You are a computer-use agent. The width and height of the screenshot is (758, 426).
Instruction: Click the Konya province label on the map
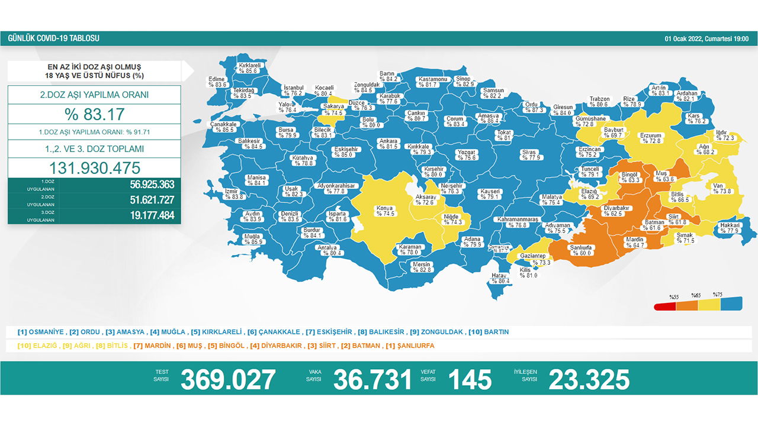click(384, 211)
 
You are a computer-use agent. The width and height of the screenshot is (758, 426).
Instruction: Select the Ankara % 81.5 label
click(388, 144)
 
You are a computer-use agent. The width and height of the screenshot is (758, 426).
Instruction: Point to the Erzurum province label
click(650, 138)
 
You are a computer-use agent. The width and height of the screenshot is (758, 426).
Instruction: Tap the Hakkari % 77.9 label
click(730, 228)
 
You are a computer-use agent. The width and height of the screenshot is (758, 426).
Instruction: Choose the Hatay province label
click(500, 277)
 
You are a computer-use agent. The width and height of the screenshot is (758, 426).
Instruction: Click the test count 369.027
click(228, 379)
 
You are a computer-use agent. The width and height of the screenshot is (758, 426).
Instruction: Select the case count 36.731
click(372, 379)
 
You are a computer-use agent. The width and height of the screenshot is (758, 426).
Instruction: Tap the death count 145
click(469, 379)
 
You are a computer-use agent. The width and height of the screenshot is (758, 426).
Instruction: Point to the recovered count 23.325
click(589, 379)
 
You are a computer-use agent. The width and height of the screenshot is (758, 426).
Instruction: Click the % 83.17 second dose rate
click(94, 114)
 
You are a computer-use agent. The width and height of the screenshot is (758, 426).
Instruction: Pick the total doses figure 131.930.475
click(94, 167)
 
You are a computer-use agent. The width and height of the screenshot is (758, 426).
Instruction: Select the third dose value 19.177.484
click(152, 215)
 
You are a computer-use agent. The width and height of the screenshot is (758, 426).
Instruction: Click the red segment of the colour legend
click(665, 306)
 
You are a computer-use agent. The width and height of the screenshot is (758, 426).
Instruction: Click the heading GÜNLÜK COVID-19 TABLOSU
click(54, 38)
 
